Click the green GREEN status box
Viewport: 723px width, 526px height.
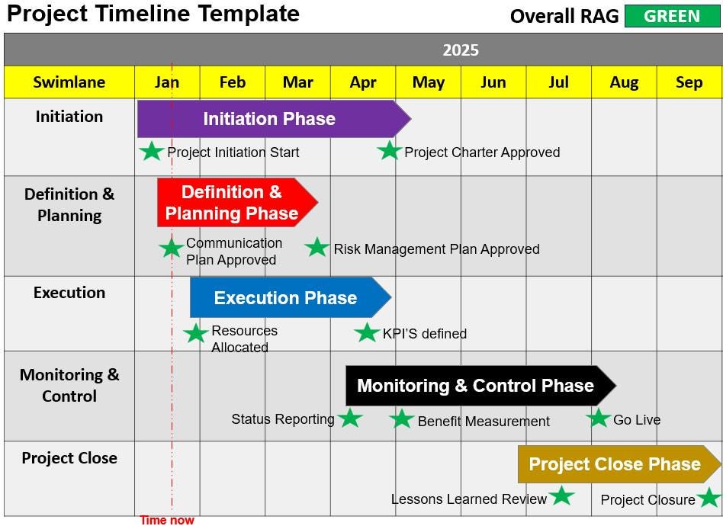672,16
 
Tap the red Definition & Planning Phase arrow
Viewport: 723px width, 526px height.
233,203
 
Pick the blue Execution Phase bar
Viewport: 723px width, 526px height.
287,297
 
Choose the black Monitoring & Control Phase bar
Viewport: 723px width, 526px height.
477,386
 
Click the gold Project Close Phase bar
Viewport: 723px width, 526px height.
615,464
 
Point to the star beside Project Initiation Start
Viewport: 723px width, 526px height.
152,151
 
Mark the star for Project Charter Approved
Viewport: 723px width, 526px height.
389,150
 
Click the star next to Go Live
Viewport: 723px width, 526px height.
599,418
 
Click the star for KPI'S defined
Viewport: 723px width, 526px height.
367,332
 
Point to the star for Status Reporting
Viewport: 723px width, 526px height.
350,418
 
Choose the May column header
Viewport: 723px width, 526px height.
429,82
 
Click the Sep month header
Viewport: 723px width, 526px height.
689,82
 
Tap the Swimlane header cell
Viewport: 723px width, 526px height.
69,82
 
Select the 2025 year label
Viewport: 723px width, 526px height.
461,50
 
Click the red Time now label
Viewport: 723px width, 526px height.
167,520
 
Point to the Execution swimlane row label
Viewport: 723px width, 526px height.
69,293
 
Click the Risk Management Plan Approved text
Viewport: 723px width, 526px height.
436,249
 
